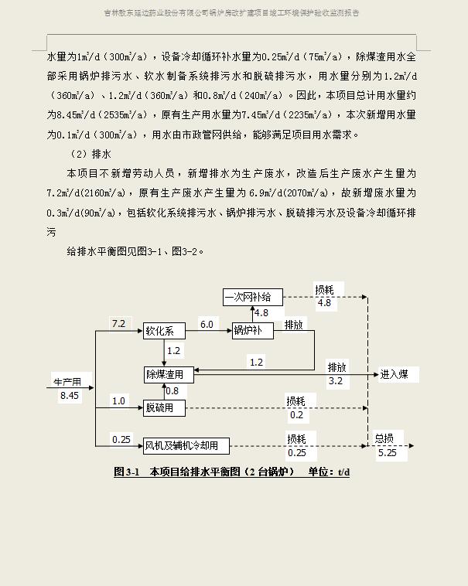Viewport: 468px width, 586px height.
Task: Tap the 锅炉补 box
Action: [x=253, y=331]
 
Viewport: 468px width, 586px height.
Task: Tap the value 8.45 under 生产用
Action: [x=70, y=395]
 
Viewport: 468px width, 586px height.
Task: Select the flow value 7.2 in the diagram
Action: [x=118, y=324]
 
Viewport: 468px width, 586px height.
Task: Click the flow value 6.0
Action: [x=207, y=325]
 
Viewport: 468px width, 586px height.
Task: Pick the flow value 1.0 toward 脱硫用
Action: [x=118, y=400]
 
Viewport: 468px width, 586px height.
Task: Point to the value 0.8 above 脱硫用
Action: [x=172, y=391]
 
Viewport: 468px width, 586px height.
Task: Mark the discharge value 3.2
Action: [x=336, y=381]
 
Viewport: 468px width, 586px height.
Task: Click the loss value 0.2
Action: [x=297, y=414]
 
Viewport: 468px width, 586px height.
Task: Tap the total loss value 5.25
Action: [x=388, y=453]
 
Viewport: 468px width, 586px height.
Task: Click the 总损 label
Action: [x=384, y=438]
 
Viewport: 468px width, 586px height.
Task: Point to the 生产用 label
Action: [x=72, y=381]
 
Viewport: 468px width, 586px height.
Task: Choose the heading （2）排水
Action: [x=91, y=154]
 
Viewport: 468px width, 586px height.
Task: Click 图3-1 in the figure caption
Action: [x=126, y=472]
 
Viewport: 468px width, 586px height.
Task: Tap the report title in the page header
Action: [x=231, y=13]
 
